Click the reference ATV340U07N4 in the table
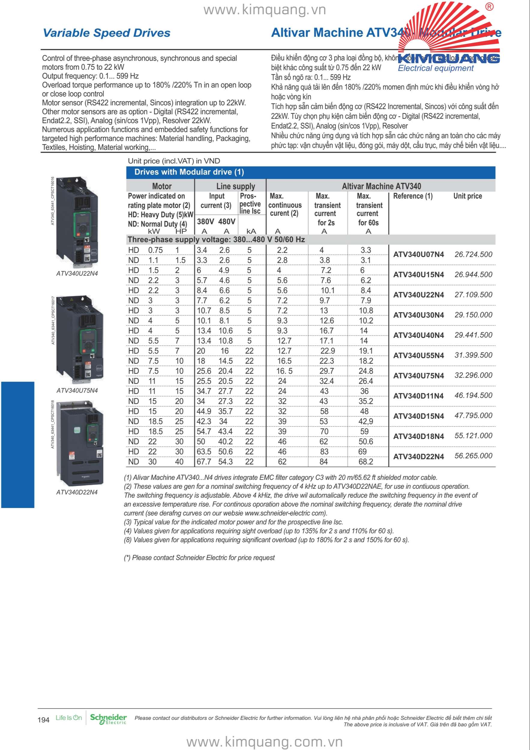click(418, 254)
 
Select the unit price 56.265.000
click(473, 456)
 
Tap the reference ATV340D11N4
click(418, 396)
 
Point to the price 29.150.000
click(473, 315)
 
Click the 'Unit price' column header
click(467, 196)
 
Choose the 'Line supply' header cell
click(235, 186)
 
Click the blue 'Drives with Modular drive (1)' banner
click(310, 172)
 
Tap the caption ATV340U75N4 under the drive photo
click(77, 390)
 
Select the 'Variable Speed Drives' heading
click(106, 33)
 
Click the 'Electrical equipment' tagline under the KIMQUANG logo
click(435, 68)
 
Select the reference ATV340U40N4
click(418, 335)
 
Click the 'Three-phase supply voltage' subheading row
click(216, 239)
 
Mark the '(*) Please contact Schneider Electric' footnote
click(199, 558)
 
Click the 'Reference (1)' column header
click(412, 196)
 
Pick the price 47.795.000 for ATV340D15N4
click(473, 415)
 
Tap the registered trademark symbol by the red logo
click(489, 7)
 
